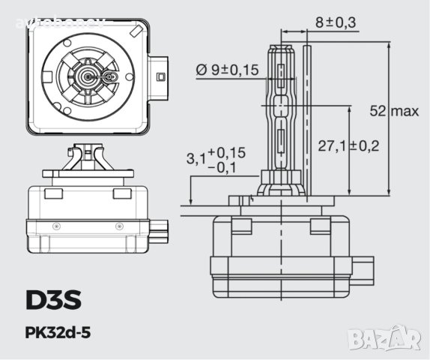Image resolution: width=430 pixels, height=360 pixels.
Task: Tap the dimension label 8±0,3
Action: click(x=334, y=22)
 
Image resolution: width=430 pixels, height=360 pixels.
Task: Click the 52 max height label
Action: click(x=394, y=111)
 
